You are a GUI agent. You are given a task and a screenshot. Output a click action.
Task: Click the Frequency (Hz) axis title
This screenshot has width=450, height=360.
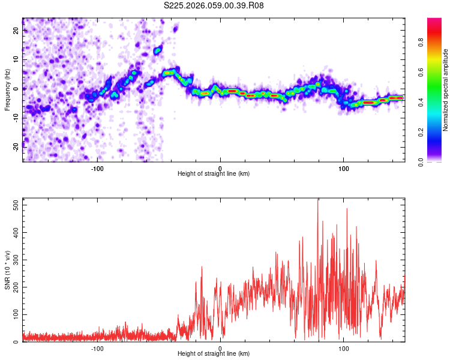(x=8, y=90)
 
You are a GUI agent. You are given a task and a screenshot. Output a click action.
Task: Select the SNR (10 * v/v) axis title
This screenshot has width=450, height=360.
(x=8, y=270)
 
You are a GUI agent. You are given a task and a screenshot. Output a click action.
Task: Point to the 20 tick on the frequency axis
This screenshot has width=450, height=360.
(x=17, y=31)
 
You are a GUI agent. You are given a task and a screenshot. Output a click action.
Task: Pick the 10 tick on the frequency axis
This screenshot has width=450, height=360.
(x=17, y=59)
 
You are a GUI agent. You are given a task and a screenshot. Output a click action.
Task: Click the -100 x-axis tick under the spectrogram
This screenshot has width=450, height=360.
(x=97, y=168)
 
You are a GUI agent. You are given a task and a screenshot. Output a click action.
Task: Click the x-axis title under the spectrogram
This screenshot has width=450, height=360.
(x=214, y=174)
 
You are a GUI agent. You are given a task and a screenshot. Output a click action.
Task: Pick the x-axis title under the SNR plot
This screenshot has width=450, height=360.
(x=214, y=354)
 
